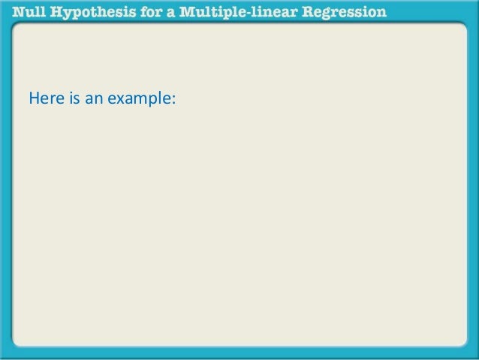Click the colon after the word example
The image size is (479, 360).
[173, 98]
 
